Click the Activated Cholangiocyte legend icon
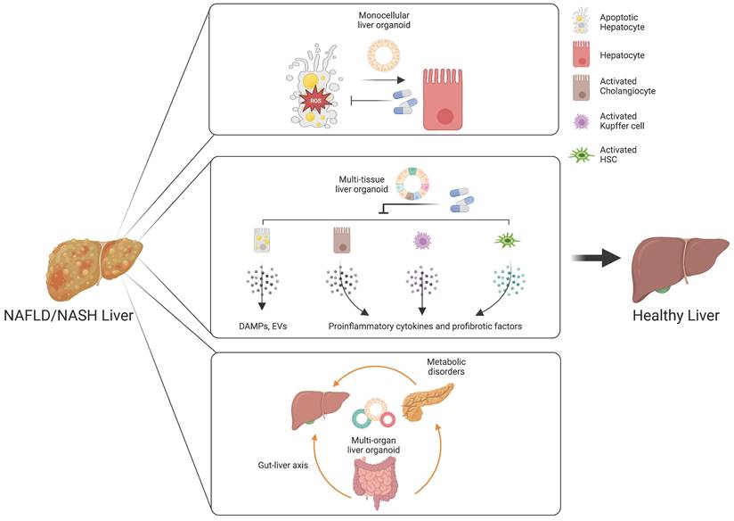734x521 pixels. (x=581, y=89)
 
